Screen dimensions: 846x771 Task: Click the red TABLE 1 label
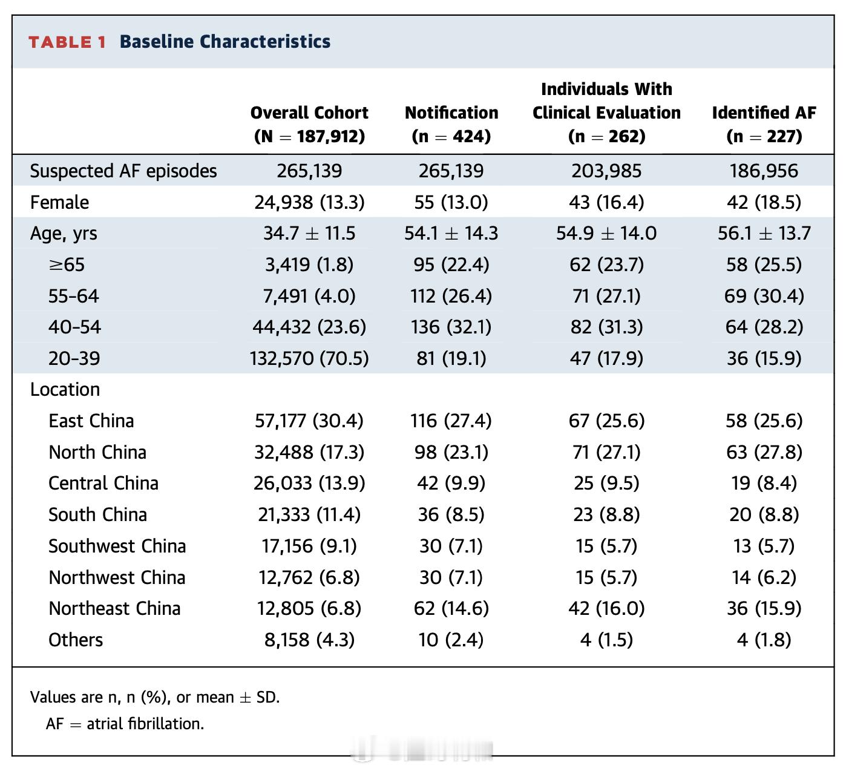(x=67, y=42)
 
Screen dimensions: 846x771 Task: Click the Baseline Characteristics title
(x=225, y=42)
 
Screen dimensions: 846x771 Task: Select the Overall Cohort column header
(x=309, y=125)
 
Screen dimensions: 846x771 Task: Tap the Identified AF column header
(x=764, y=125)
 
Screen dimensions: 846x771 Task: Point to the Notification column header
(x=451, y=125)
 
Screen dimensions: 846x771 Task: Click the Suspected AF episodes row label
(x=123, y=171)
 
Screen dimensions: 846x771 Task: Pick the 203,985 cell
(x=606, y=171)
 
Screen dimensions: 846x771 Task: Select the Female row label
(x=59, y=203)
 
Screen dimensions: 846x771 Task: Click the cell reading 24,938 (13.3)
(x=309, y=203)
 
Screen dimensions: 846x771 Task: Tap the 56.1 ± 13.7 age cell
(x=764, y=233)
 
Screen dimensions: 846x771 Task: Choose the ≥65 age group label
(x=67, y=265)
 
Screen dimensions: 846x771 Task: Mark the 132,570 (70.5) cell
(x=309, y=358)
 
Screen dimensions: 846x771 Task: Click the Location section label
(x=65, y=389)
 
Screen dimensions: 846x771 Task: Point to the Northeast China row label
(x=114, y=609)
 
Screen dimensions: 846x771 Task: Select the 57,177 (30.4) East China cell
(x=309, y=421)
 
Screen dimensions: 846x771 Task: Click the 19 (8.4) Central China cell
(x=764, y=484)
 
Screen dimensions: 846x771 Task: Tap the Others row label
(x=76, y=640)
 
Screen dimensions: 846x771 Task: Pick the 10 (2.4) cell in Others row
(x=451, y=640)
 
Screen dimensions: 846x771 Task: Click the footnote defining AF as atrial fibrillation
(x=125, y=724)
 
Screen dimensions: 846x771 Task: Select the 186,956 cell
(x=764, y=171)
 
